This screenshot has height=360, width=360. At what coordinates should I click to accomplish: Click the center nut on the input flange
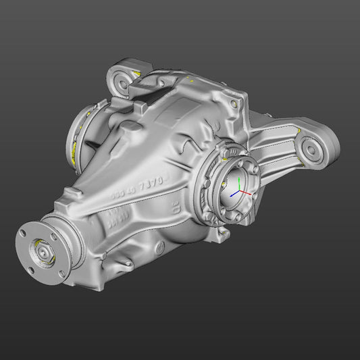(43, 251)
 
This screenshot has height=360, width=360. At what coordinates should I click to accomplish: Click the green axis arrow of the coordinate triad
(241, 183)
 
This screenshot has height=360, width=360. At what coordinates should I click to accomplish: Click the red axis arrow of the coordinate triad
(247, 192)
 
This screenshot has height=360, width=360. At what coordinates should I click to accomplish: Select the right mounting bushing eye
(310, 148)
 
